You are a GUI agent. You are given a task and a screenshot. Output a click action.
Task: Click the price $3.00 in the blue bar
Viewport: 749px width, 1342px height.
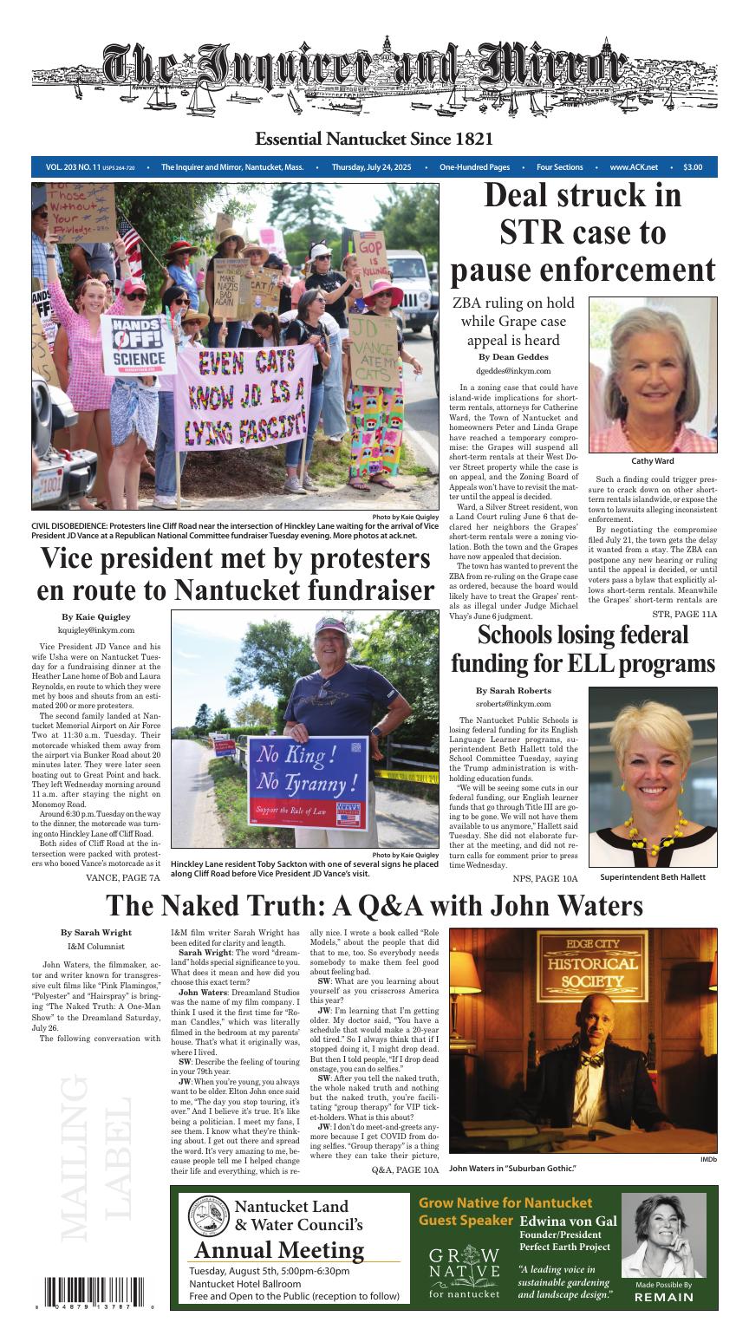pyautogui.click(x=692, y=167)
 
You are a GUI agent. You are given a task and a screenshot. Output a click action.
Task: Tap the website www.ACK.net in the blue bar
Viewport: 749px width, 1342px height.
pyautogui.click(x=633, y=167)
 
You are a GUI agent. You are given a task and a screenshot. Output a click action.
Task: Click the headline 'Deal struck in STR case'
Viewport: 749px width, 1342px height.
pyautogui.click(x=583, y=232)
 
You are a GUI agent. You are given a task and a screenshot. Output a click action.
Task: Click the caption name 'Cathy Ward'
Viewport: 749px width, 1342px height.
pyautogui.click(x=653, y=461)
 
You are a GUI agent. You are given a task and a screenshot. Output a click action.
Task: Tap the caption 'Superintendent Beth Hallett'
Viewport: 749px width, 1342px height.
pyautogui.click(x=653, y=877)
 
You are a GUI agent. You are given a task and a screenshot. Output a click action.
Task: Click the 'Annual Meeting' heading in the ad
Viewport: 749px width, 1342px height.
pyautogui.click(x=279, y=1250)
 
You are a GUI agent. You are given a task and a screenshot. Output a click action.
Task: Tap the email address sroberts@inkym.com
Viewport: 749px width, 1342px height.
pyautogui.click(x=513, y=704)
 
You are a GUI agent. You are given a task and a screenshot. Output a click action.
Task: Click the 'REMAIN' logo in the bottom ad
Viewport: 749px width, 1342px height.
pyautogui.click(x=664, y=1297)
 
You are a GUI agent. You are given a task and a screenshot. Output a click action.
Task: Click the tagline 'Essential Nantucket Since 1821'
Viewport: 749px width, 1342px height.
pyautogui.click(x=374, y=140)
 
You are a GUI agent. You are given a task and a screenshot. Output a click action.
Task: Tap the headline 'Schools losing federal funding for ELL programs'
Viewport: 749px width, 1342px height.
pyautogui.click(x=583, y=649)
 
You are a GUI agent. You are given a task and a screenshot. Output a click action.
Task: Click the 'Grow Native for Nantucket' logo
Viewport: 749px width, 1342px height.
pyautogui.click(x=464, y=1273)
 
